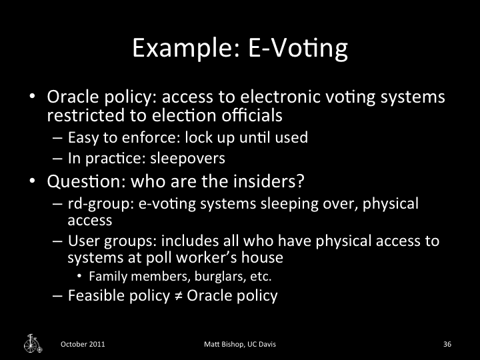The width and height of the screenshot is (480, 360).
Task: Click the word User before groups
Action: (82, 241)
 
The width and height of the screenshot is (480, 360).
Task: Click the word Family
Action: (106, 276)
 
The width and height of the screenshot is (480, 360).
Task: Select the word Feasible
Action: (95, 295)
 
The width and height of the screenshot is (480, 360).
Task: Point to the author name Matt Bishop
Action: (225, 344)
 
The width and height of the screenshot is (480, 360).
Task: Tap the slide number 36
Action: (447, 344)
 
